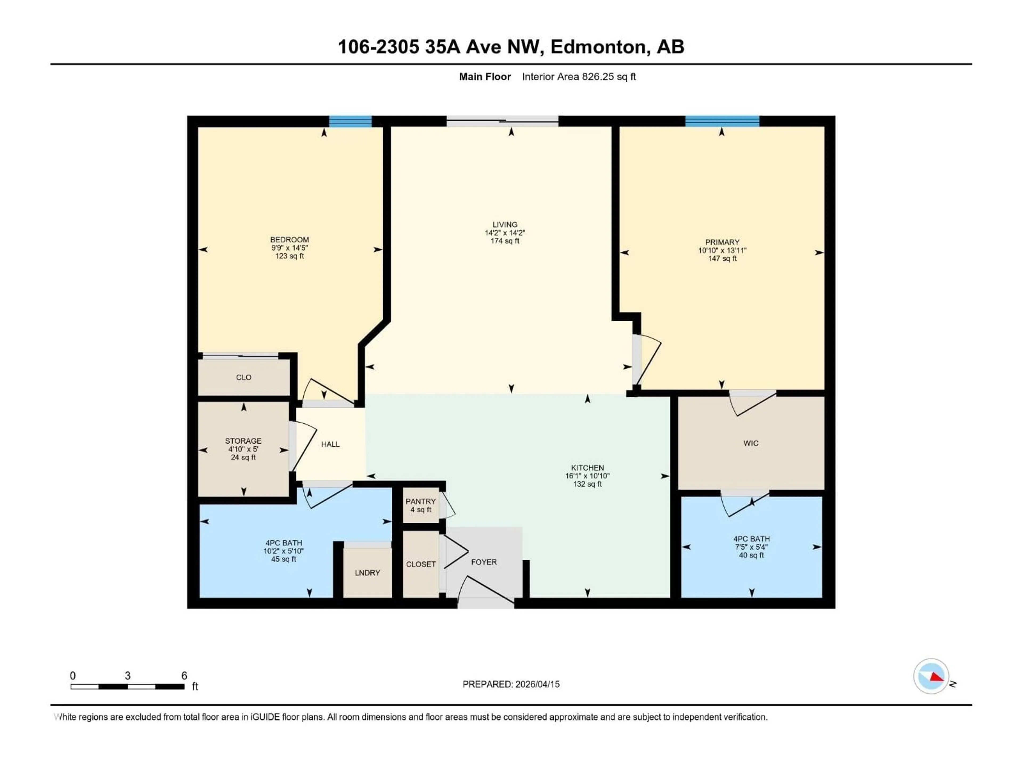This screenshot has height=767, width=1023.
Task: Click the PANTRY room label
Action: click(420, 501)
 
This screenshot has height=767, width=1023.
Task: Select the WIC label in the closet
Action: click(751, 443)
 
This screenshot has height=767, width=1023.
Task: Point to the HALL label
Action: click(330, 444)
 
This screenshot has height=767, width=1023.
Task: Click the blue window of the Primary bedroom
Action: click(722, 121)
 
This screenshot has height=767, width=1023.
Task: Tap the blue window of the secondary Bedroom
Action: click(350, 121)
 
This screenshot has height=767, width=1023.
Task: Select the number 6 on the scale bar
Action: click(184, 675)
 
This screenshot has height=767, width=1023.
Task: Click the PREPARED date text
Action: click(511, 684)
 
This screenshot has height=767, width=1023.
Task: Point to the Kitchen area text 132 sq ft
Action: click(587, 484)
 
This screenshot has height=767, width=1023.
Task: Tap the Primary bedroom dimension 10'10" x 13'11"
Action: click(722, 250)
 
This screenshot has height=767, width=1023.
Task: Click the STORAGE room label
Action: click(243, 440)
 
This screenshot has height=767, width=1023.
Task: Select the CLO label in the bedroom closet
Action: click(244, 377)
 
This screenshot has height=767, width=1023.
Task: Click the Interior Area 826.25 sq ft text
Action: click(579, 77)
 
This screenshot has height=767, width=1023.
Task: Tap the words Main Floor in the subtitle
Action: click(485, 77)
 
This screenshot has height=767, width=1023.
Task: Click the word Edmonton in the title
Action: click(598, 47)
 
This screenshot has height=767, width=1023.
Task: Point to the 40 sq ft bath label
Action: click(751, 555)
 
